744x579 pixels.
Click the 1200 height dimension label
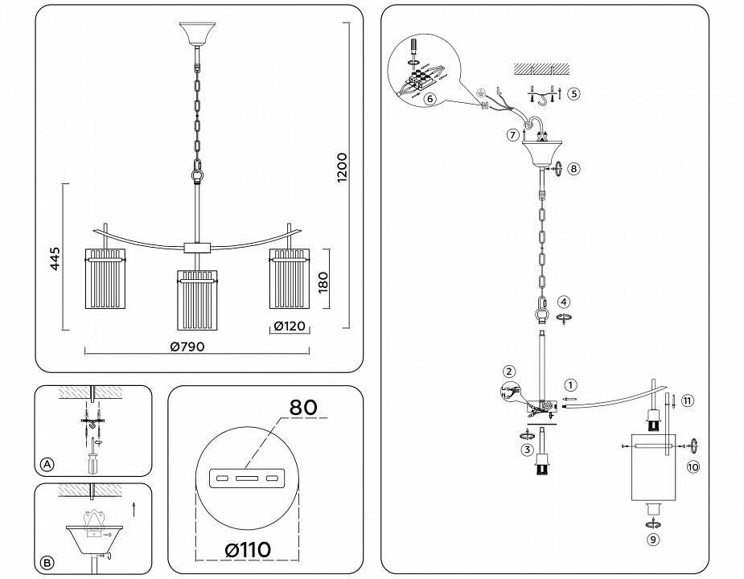pos(342,170)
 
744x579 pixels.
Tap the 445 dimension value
pos(54,260)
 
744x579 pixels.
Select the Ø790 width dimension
pos(187,347)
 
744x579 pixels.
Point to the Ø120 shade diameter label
pos(290,326)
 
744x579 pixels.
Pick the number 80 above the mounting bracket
pos(302,408)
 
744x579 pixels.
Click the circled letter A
pos(47,464)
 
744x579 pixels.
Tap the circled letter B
pos(47,563)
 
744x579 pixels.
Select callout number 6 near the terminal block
pos(430,99)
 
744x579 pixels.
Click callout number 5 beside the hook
pos(573,93)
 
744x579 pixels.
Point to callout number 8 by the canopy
pos(573,169)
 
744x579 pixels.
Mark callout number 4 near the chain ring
pos(565,302)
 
